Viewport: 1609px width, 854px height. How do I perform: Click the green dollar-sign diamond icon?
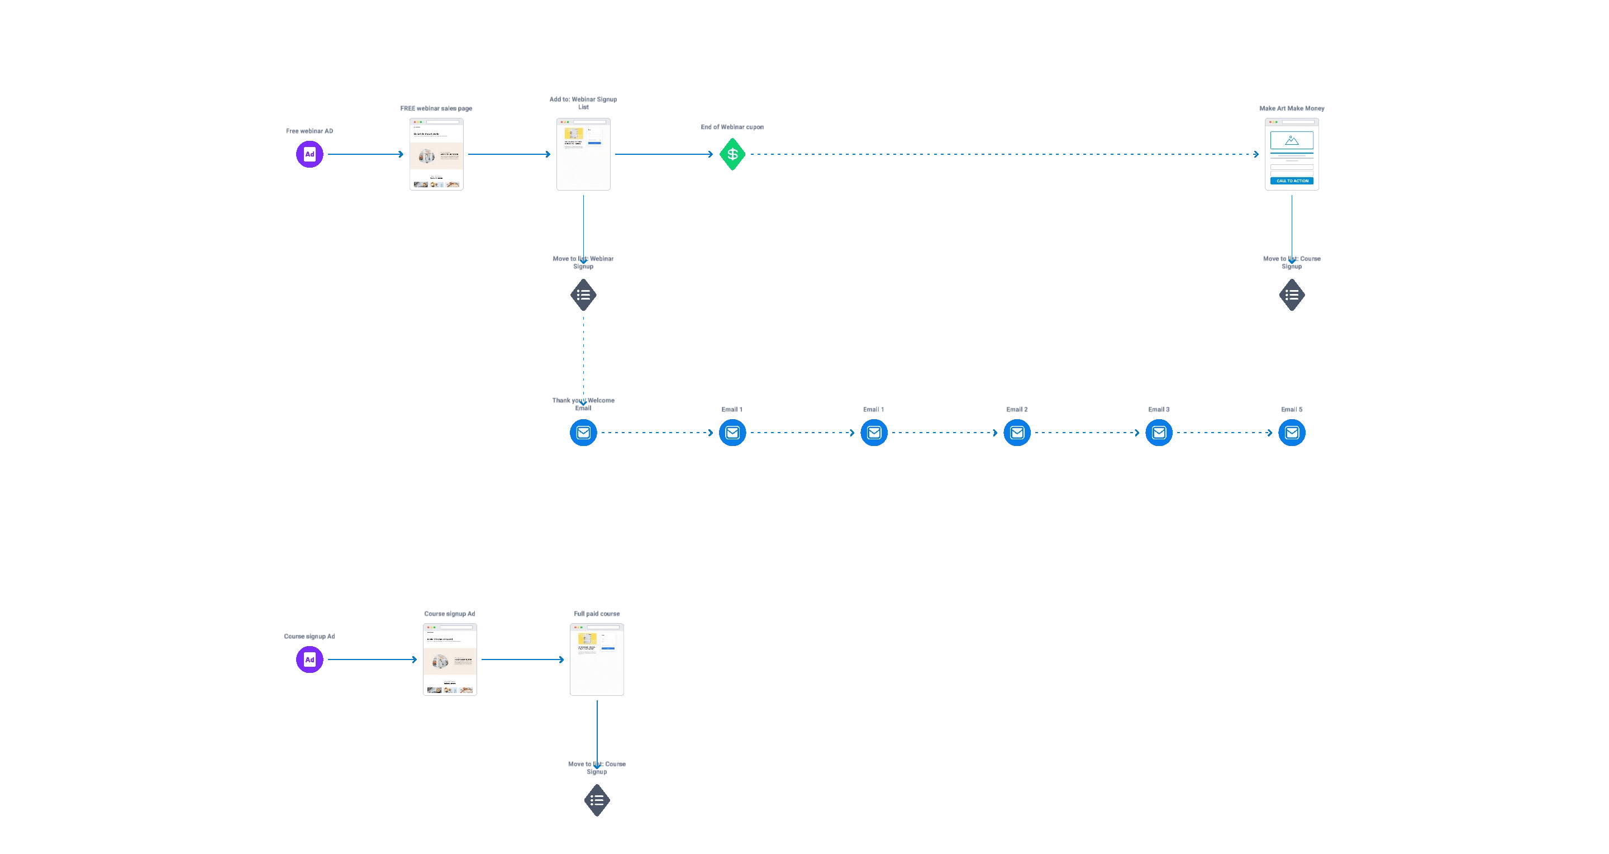click(x=732, y=154)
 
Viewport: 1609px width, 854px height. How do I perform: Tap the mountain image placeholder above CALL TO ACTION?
click(x=1292, y=140)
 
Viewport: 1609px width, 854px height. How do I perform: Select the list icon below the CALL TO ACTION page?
click(x=1292, y=295)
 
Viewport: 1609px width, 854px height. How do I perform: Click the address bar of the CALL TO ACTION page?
click(x=1298, y=122)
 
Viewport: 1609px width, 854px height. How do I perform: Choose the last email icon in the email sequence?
click(x=1292, y=433)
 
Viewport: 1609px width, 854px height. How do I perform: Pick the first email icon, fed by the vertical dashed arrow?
click(x=583, y=433)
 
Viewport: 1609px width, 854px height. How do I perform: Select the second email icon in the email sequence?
click(x=732, y=433)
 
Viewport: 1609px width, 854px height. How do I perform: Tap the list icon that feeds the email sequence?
click(x=583, y=295)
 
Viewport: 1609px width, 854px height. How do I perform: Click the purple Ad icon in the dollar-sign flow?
click(x=309, y=154)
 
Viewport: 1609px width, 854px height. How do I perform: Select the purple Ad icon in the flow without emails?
click(x=309, y=660)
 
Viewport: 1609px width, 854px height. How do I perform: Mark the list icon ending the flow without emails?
click(x=597, y=800)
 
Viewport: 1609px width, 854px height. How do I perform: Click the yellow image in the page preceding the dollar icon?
click(x=573, y=134)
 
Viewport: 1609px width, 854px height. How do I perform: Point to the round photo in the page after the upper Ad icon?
click(x=427, y=156)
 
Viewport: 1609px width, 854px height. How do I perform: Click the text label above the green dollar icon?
click(x=731, y=127)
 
